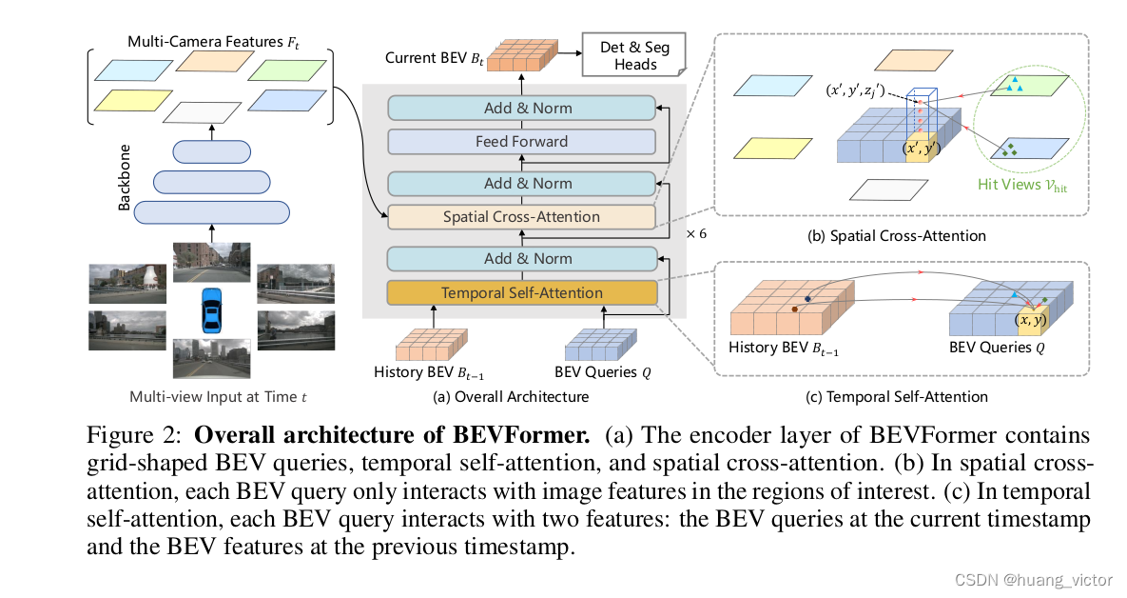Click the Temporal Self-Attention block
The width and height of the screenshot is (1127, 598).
[x=521, y=292]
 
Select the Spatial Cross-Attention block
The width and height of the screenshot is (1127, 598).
[x=521, y=217]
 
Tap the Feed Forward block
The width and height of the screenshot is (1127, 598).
[x=521, y=142]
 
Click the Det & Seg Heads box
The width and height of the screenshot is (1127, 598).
[x=635, y=55]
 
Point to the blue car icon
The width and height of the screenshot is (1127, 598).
[x=211, y=310]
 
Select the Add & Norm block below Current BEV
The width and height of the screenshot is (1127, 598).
[x=521, y=108]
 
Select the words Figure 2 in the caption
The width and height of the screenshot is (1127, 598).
[x=136, y=436]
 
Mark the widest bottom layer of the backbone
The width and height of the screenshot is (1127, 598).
[x=210, y=210]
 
